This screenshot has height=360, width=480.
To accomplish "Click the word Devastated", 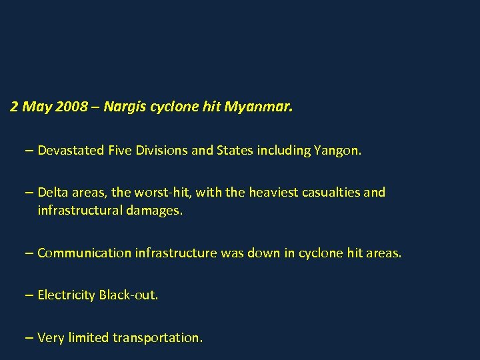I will (x=70, y=151).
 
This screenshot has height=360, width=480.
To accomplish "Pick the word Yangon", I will (x=336, y=151).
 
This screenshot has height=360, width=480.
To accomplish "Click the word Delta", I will (x=53, y=193).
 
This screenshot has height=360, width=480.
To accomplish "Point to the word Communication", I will (x=84, y=253).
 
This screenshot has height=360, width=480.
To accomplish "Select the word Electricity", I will (x=67, y=295).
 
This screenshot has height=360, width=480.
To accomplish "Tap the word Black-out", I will (x=129, y=295).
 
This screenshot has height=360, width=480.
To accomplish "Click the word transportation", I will (x=157, y=338).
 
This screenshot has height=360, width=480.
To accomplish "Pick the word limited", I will (x=87, y=338).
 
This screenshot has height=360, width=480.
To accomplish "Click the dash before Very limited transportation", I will (x=29, y=338).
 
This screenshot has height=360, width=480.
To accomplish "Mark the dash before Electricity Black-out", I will (x=29, y=295).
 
